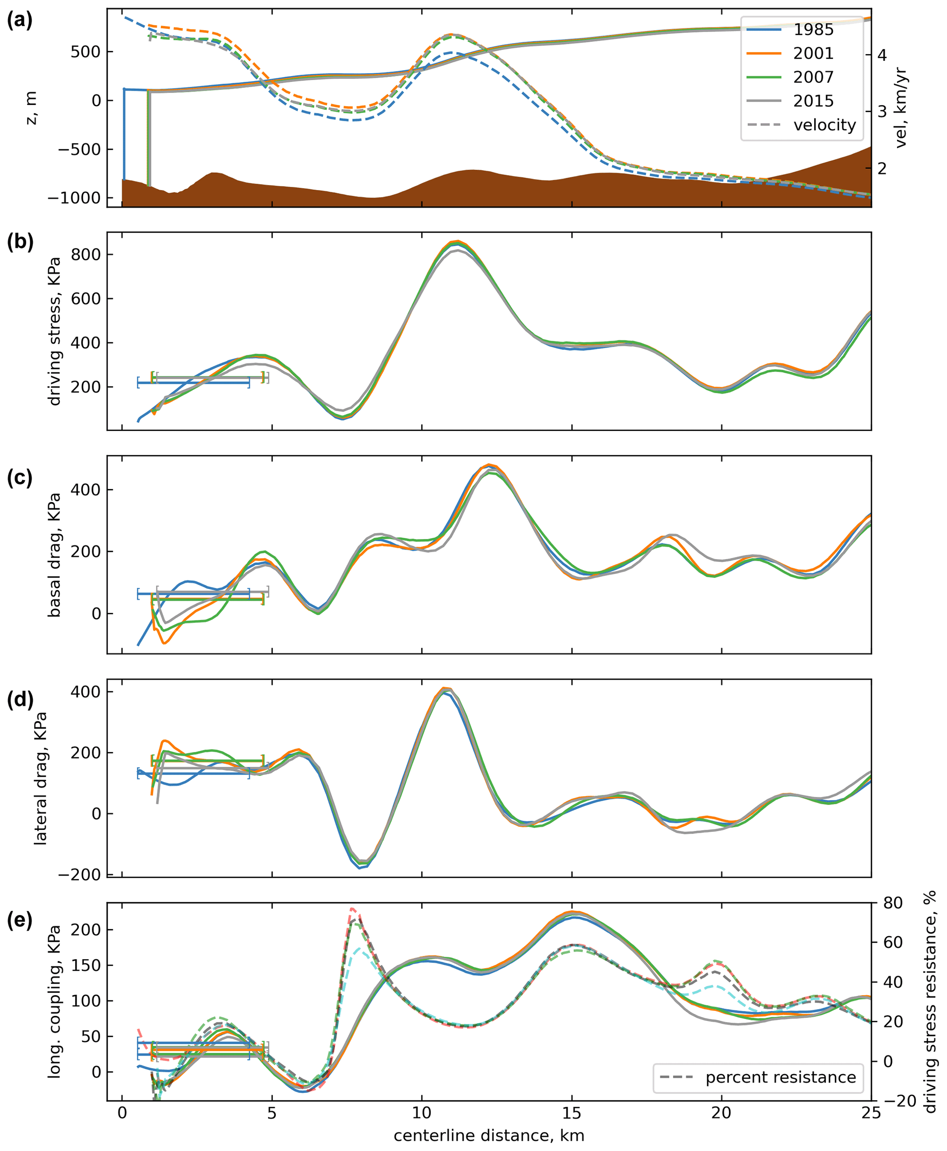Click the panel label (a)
tap(20, 20)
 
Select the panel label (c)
tap(20, 477)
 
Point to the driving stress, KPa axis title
tap(55, 331)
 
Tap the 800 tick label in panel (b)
tap(86, 255)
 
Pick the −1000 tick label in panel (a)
tap(74, 198)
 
